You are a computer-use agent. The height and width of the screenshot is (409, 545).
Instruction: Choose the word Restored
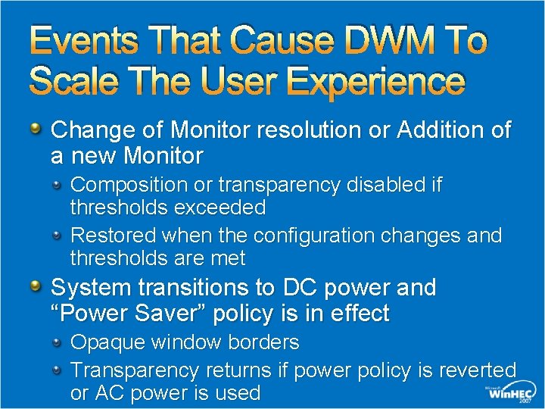114,236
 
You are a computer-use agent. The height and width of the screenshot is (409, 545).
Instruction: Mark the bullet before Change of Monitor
37,129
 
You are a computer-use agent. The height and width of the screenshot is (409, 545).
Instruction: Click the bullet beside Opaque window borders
58,342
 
